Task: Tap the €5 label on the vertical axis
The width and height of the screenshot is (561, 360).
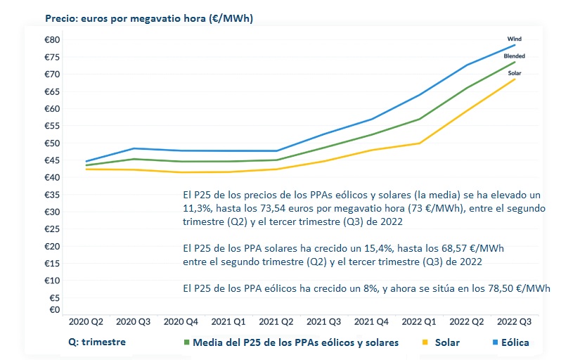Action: pyautogui.click(x=53, y=297)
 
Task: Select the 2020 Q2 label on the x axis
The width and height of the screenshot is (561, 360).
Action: pyautogui.click(x=86, y=322)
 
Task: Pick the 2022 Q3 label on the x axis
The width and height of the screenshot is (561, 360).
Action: pyautogui.click(x=515, y=322)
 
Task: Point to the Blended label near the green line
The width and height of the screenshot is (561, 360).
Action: pyautogui.click(x=514, y=56)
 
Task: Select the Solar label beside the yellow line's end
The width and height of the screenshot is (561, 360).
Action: pyautogui.click(x=515, y=72)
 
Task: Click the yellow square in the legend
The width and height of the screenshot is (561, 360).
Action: pyautogui.click(x=425, y=343)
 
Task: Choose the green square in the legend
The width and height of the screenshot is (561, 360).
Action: pyautogui.click(x=187, y=343)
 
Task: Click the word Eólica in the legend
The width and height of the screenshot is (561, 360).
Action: pyautogui.click(x=515, y=343)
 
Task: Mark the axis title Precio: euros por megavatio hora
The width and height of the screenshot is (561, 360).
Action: pyautogui.click(x=148, y=18)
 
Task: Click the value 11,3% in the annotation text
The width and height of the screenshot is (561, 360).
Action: pyautogui.click(x=195, y=210)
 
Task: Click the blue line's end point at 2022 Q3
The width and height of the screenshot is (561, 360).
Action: pyautogui.click(x=515, y=45)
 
